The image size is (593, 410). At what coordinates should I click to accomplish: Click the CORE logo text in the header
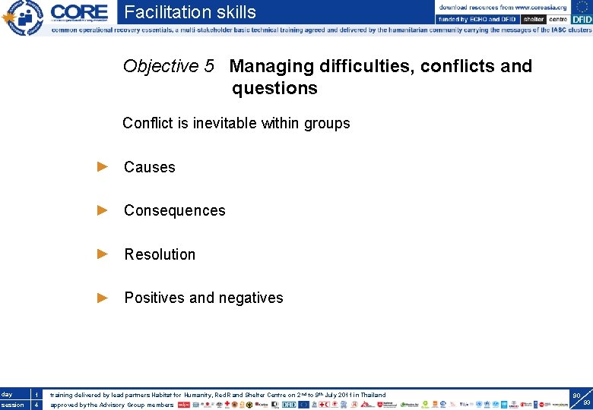point(79,12)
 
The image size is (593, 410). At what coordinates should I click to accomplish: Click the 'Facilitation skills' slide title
point(190,12)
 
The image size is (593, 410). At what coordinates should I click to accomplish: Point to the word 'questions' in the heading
point(274,88)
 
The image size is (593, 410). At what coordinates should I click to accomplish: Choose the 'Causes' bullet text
point(150,167)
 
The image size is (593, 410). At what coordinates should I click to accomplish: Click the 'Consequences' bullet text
point(175,210)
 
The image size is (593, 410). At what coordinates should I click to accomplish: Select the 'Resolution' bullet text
point(160,254)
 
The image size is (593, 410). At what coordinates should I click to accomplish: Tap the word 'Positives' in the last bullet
point(154,298)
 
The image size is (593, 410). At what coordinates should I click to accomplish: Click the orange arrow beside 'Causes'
point(103,167)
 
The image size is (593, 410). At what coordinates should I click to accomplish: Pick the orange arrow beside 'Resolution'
point(103,254)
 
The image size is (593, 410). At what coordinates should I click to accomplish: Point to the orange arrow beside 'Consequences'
point(103,210)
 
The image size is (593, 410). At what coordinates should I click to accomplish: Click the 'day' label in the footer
point(7,394)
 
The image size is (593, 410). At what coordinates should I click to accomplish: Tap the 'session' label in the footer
point(12,405)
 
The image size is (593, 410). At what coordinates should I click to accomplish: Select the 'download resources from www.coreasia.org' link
point(503,7)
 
